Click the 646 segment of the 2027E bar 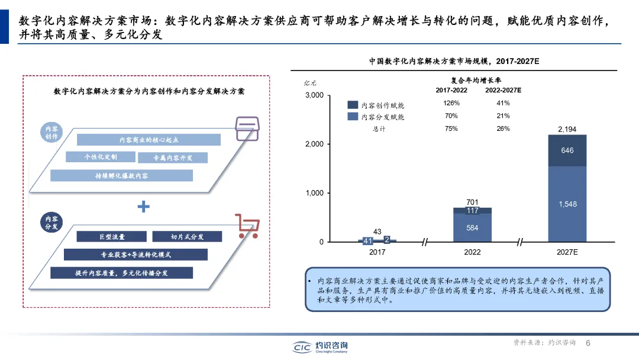coord(567,150)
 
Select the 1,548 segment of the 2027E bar coord(567,204)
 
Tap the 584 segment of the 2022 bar coord(472,228)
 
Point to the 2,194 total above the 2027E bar coord(567,129)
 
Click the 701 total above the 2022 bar coord(472,202)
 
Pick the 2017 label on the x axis coord(377,252)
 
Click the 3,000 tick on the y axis coord(314,95)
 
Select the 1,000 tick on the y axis coord(314,193)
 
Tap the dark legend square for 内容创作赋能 coord(353,105)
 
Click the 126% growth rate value coord(451,103)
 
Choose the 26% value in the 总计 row coord(504,128)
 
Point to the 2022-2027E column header coord(504,90)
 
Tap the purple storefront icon coord(247,128)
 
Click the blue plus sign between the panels coord(144,207)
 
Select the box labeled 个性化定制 coord(100,157)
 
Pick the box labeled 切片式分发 coord(187,236)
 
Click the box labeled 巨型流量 coord(112,236)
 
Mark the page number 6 coord(588,343)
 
